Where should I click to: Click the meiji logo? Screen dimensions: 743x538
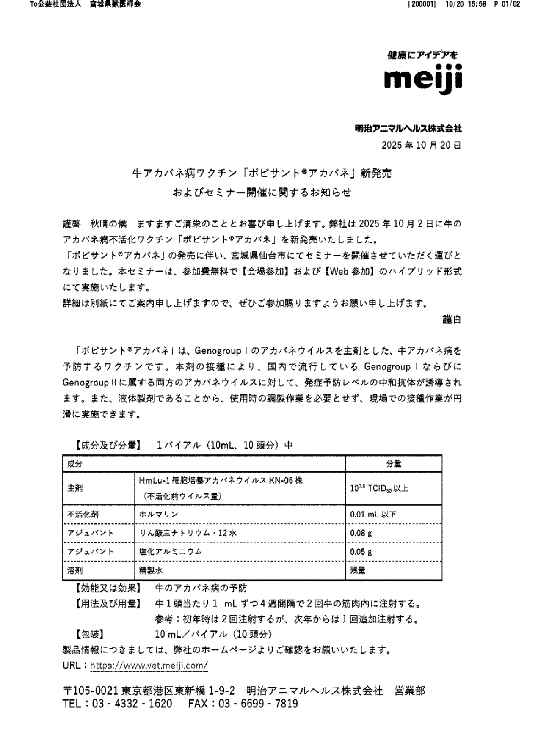[423, 79]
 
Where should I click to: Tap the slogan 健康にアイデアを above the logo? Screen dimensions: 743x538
[422, 55]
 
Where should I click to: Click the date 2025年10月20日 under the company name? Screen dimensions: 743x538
[421, 146]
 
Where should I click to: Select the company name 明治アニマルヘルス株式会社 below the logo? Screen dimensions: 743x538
[408, 129]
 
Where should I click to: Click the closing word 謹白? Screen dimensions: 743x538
[452, 320]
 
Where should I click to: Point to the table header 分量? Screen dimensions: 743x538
[394, 464]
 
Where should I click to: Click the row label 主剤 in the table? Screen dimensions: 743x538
[75, 488]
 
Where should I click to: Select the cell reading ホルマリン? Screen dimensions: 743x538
[159, 514]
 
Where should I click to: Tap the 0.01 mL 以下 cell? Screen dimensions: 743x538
[373, 515]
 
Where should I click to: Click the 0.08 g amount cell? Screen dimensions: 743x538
[361, 533]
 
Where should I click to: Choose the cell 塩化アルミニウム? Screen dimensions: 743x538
[171, 552]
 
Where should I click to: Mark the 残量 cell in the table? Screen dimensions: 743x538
[358, 570]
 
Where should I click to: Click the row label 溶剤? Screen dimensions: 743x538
[75, 570]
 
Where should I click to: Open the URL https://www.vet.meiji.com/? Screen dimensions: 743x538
[149, 666]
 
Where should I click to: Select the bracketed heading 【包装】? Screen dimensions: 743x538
[90, 635]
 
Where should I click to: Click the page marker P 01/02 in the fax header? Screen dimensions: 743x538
[506, 4]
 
